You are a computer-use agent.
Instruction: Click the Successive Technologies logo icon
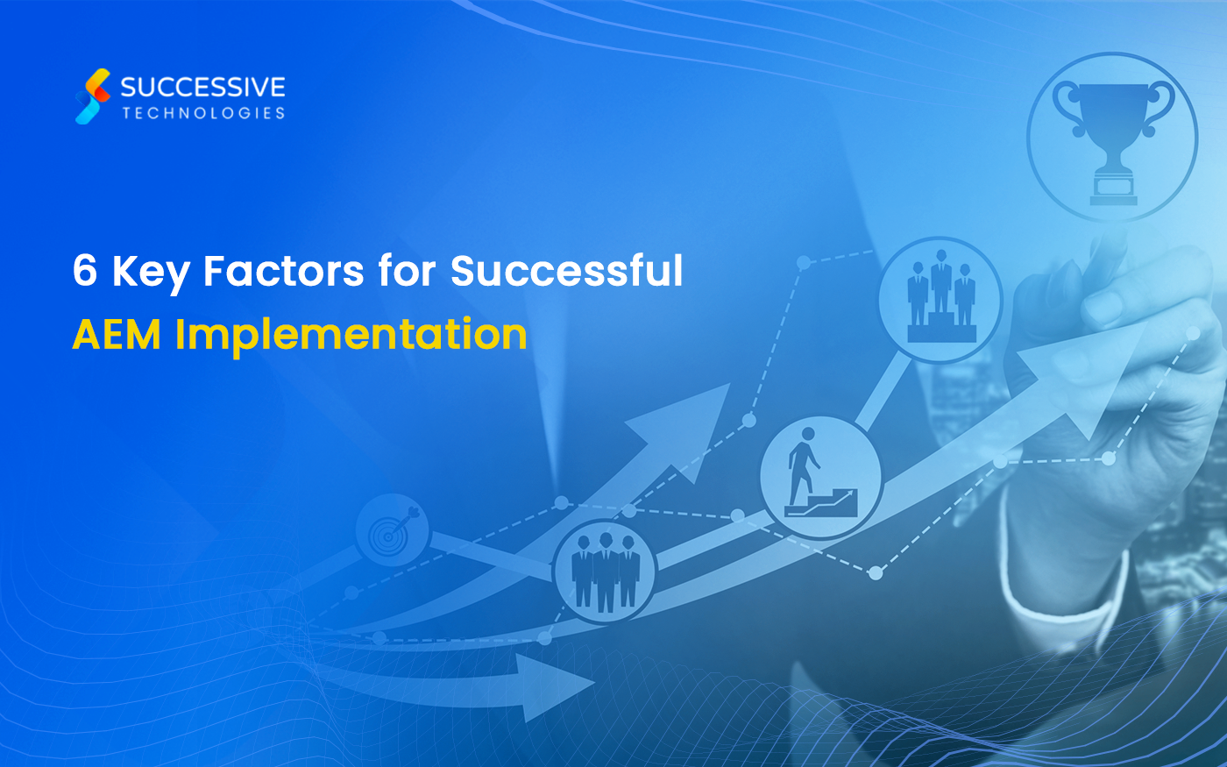point(93,96)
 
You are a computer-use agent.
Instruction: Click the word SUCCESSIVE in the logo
point(202,87)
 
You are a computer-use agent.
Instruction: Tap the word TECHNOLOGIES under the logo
point(203,113)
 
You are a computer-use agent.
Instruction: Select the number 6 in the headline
point(85,270)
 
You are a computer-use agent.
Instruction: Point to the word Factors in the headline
point(283,270)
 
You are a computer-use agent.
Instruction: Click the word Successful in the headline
point(566,270)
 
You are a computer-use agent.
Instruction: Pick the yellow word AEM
point(117,334)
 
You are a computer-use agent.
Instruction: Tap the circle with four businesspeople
point(605,570)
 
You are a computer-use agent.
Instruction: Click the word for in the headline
point(407,270)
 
